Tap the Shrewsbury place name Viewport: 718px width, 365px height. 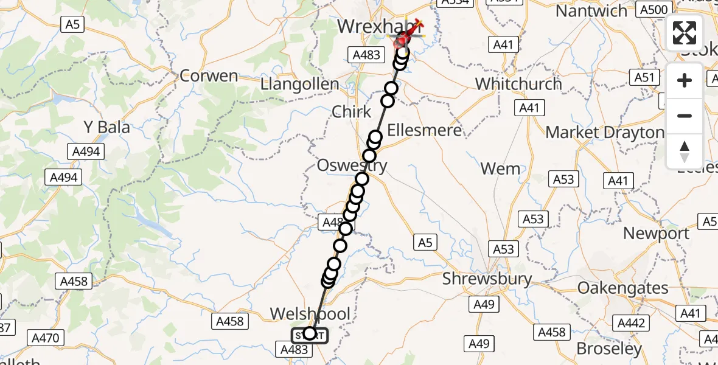point(487,279)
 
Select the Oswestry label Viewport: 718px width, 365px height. point(352,165)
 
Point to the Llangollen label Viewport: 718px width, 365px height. point(299,84)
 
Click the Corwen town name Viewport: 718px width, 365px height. point(209,76)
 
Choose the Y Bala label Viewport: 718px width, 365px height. point(107,127)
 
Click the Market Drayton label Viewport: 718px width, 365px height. point(605,132)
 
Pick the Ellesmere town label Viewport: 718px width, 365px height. point(424,130)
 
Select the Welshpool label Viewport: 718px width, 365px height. point(310,314)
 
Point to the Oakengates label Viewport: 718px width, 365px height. point(622,287)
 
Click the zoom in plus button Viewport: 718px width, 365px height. point(685,80)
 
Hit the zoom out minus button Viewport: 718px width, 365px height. point(685,116)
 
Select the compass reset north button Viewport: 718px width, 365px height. point(685,151)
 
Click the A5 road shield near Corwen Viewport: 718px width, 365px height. point(71,24)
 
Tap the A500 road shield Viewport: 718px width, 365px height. point(654,9)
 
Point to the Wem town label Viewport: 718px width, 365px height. point(500,169)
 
